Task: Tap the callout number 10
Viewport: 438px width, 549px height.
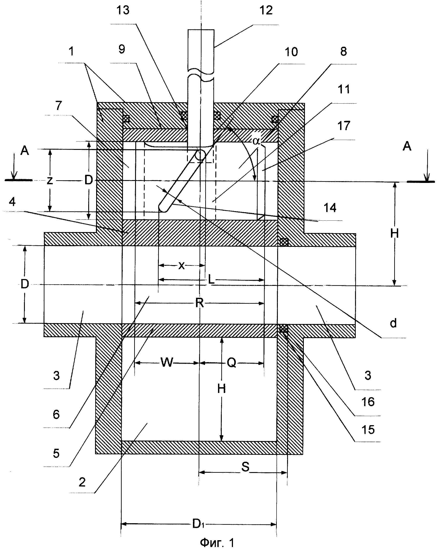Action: (291, 52)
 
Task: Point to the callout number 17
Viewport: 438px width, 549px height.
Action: (344, 126)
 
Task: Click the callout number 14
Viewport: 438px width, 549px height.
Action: (330, 208)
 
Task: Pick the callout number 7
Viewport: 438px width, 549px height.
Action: (59, 106)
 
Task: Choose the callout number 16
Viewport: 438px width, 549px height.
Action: (368, 402)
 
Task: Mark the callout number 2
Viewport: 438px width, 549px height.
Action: (82, 482)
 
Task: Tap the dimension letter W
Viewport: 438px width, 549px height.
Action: (167, 362)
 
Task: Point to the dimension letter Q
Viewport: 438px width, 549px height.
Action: (232, 362)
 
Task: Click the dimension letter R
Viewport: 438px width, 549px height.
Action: (200, 303)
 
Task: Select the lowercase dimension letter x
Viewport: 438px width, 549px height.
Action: (181, 266)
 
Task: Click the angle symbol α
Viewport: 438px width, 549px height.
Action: (256, 141)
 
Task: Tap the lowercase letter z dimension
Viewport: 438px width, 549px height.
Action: (50, 181)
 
